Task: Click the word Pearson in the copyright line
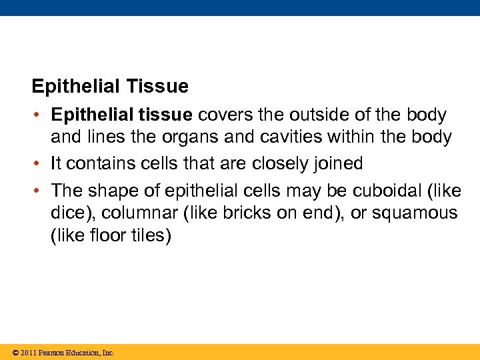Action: point(51,353)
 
